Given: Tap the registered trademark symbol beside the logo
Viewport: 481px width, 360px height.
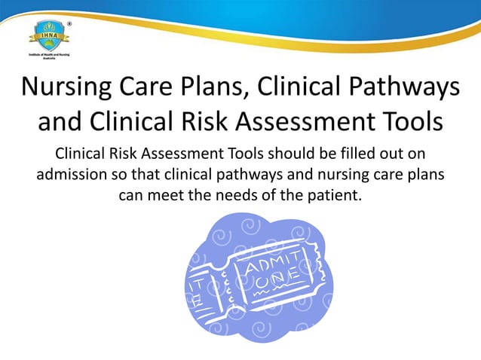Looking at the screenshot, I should (x=70, y=23).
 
